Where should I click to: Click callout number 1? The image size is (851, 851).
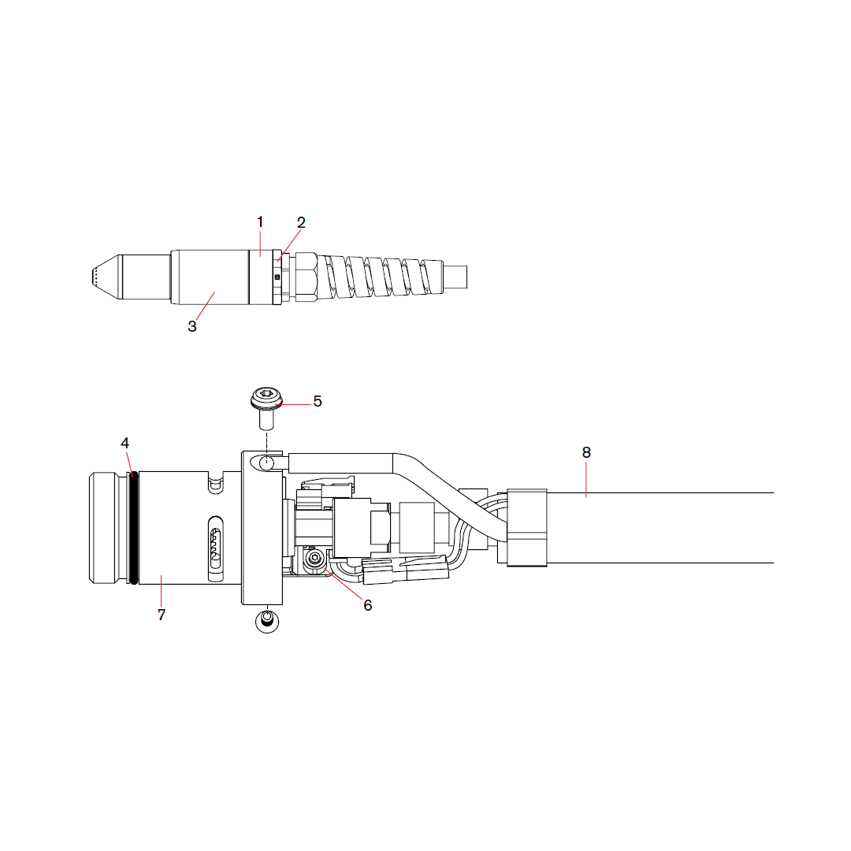260,221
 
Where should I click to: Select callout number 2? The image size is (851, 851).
301,222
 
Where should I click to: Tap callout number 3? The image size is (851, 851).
192,326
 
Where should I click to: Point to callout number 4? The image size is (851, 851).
124,443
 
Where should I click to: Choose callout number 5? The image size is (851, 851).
318,401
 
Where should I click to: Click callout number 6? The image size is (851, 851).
367,605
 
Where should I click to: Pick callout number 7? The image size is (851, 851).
162,615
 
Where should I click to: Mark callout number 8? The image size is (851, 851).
586,452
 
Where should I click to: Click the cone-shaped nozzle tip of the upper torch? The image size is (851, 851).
106,277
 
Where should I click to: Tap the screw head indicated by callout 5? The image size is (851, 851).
266,399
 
